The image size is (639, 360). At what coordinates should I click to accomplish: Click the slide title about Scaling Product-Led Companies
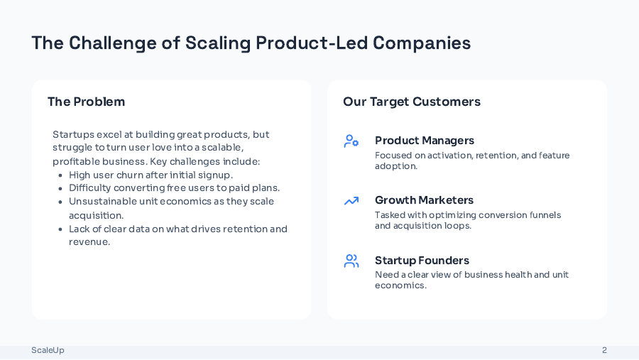coord(251,43)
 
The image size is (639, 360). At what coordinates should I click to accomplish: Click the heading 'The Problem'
coord(86,102)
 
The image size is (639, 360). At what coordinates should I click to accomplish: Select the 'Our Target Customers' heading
coord(411,102)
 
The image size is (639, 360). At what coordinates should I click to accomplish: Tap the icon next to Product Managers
coord(351,141)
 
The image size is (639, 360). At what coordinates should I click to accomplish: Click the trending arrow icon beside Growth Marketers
coord(351,201)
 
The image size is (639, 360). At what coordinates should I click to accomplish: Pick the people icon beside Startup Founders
coord(351,261)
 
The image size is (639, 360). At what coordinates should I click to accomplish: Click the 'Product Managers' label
coord(424,141)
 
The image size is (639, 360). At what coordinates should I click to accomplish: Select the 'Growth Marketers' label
coord(424,200)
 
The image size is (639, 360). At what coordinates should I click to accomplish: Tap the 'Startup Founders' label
coord(422,261)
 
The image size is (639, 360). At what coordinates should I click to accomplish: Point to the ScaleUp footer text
coord(48,350)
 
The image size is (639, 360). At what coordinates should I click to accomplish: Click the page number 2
coord(604,350)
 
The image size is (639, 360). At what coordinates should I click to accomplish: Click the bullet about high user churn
coord(151,175)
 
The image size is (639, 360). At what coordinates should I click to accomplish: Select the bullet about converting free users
coord(174,188)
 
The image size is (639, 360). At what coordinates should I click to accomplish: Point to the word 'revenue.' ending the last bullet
coord(89,242)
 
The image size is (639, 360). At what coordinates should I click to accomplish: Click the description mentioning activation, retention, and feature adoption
coord(471,160)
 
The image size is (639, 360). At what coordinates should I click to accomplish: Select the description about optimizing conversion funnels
coord(467,220)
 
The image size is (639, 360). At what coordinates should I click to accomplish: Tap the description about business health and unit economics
coord(471,280)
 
